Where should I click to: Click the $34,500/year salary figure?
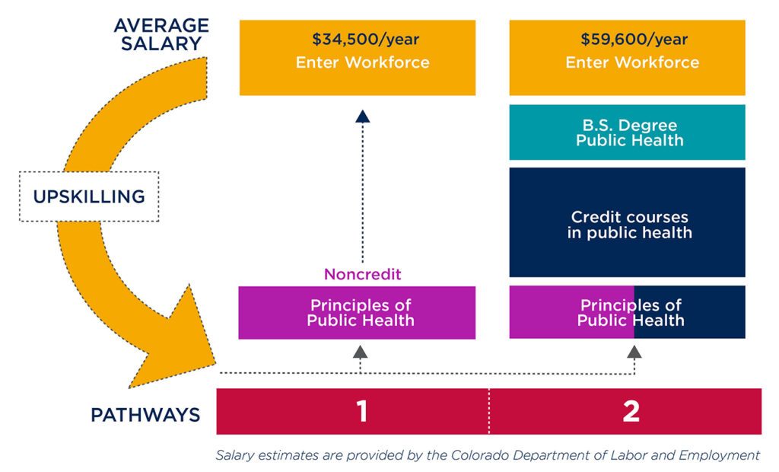[x=366, y=40]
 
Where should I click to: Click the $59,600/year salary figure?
[x=634, y=40]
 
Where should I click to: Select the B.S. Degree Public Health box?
[x=627, y=132]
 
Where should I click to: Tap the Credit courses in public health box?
[x=627, y=222]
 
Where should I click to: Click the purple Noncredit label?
[x=362, y=274]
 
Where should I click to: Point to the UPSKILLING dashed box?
[x=89, y=196]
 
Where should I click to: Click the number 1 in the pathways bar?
[x=362, y=411]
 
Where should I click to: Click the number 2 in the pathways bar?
[x=631, y=411]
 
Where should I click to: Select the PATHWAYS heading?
[x=145, y=415]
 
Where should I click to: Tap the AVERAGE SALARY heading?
[x=161, y=34]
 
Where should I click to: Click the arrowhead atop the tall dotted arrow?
[x=363, y=116]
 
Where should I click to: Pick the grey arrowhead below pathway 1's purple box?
[x=360, y=352]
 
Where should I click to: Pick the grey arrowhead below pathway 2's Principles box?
[x=634, y=352]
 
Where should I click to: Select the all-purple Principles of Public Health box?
[x=357, y=313]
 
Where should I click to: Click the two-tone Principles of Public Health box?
[x=627, y=312]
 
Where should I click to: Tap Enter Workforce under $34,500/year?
[x=363, y=62]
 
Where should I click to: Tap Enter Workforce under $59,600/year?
[x=632, y=62]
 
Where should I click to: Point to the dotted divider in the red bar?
[x=489, y=411]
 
